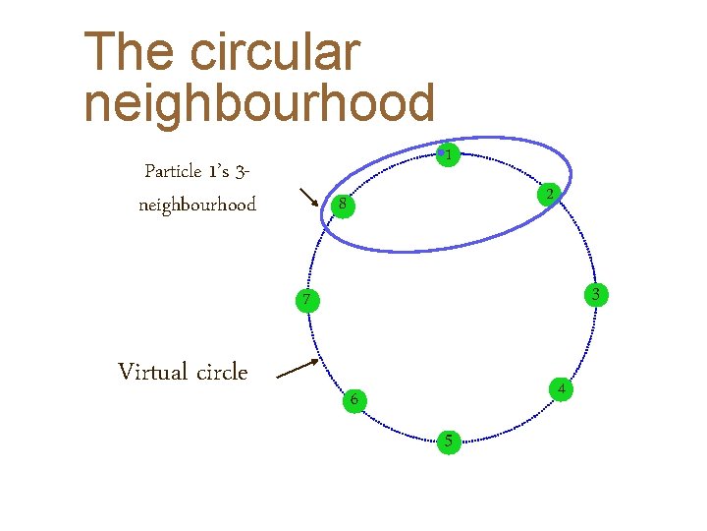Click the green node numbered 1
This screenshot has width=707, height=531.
(448, 155)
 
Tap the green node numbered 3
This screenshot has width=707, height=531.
(595, 294)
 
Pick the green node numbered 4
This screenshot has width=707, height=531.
(560, 389)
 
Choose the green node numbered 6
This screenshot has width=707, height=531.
(353, 399)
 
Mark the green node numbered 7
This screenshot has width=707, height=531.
(307, 300)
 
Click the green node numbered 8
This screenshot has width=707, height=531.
(340, 206)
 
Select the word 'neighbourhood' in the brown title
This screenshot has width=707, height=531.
(259, 102)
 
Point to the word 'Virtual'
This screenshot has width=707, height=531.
(152, 372)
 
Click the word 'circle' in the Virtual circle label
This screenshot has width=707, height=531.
(222, 372)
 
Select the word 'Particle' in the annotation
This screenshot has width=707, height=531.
(172, 171)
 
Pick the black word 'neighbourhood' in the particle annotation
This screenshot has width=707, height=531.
(197, 205)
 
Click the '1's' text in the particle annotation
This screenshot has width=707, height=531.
(219, 171)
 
